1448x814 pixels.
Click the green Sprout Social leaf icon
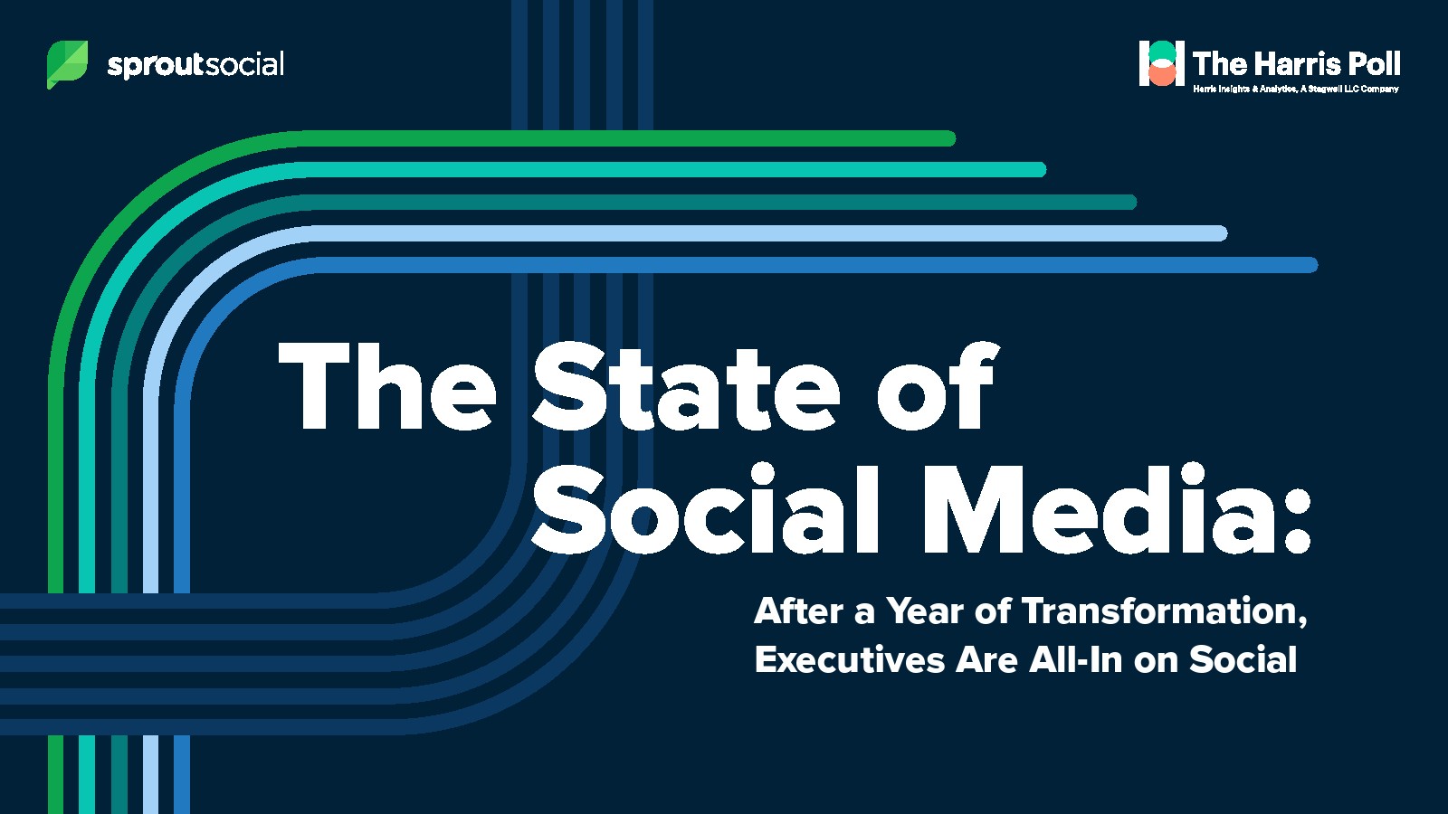67,64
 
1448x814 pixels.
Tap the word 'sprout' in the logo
156,65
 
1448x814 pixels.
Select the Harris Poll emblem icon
1162,62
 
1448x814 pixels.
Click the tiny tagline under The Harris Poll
1295,90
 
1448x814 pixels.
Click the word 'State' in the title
686,385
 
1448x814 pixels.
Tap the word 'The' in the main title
387,385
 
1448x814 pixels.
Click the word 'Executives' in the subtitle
850,659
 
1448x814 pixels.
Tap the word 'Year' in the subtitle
925,611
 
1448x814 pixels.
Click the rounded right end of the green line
949,138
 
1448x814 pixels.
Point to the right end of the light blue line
1221,233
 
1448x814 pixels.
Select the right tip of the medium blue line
1311,265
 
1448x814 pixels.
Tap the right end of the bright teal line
1040,170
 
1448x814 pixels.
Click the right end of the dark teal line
1130,203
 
